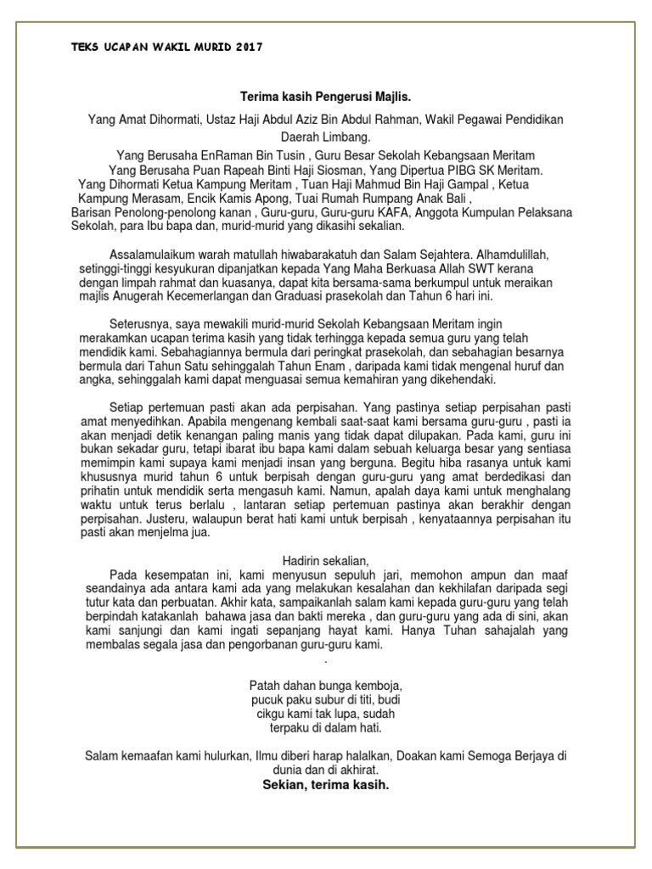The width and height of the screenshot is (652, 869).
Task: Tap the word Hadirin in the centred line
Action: point(302,561)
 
